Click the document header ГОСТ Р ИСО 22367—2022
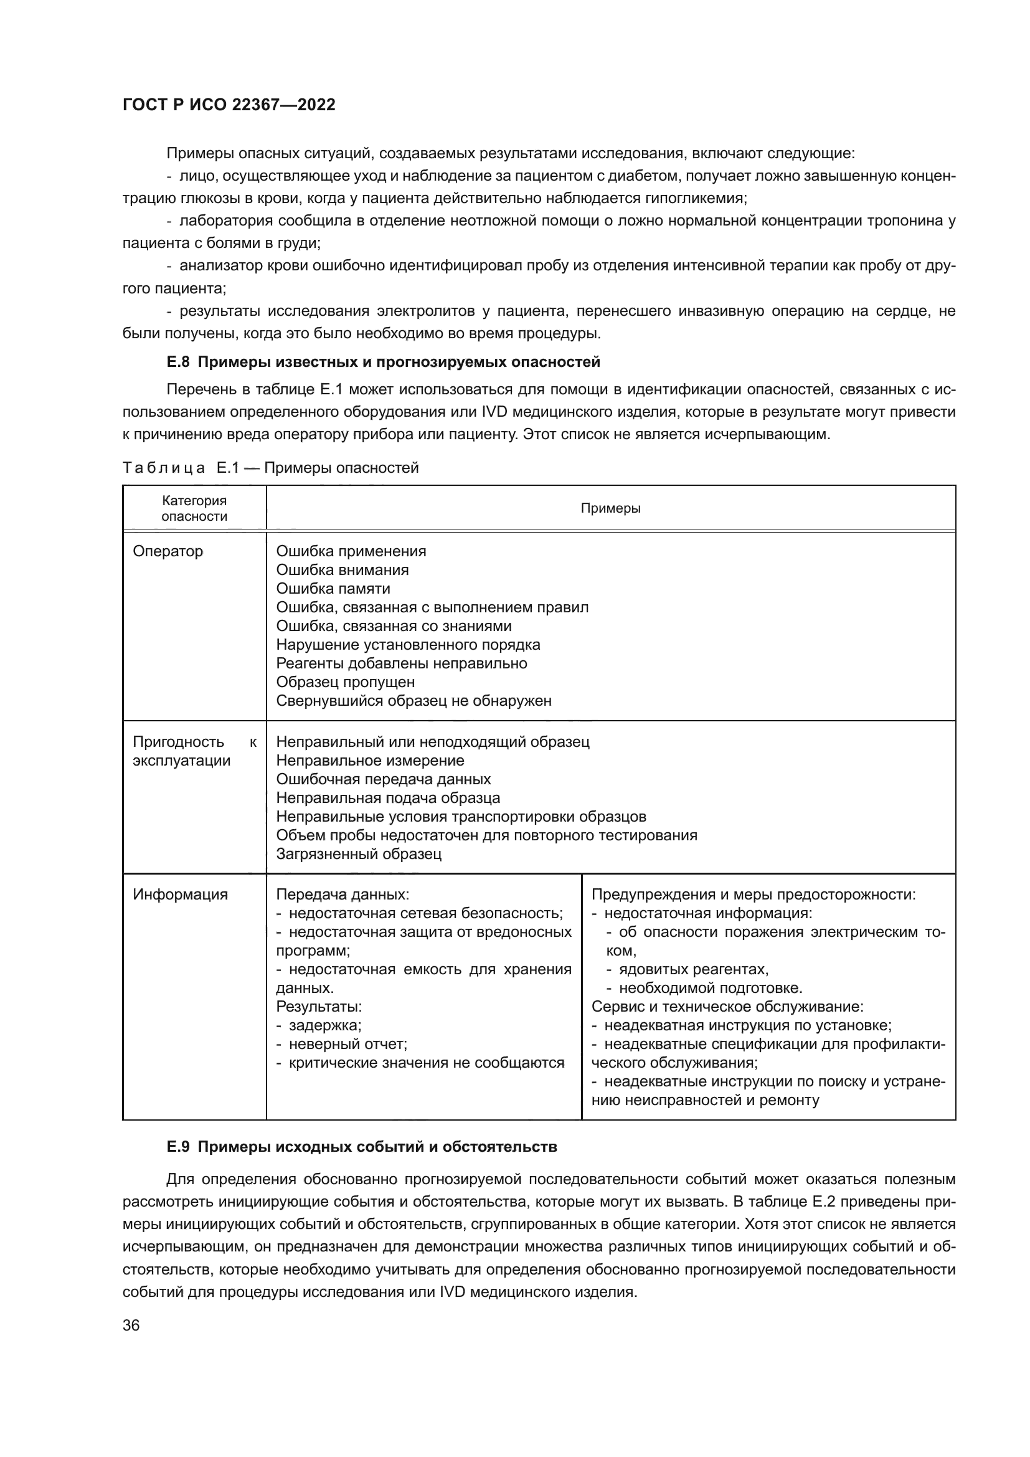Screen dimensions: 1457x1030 coord(229,105)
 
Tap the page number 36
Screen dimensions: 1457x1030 coord(131,1325)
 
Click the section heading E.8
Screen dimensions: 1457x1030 coord(383,363)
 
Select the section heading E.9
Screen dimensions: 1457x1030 coord(362,1147)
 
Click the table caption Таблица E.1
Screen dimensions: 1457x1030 coord(271,468)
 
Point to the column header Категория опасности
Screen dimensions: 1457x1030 coord(194,508)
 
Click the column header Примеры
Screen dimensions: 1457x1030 coord(610,508)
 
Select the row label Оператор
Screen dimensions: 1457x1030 coord(168,551)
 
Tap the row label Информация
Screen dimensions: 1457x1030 coord(180,894)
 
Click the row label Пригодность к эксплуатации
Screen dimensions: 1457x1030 coord(194,751)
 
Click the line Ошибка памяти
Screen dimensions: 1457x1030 coord(333,588)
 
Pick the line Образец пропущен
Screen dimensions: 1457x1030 coord(345,681)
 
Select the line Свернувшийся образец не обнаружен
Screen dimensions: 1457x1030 coord(413,701)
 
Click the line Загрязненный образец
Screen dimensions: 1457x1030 coord(358,853)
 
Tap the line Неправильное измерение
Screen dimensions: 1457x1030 coord(370,760)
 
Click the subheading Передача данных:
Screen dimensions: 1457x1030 coord(343,894)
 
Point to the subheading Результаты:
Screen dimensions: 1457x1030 coord(318,1007)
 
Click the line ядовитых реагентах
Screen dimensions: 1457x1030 coord(693,969)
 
